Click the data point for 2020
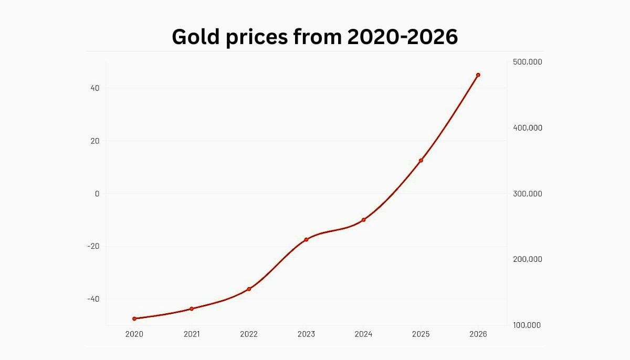pyautogui.click(x=134, y=319)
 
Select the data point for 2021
pyautogui.click(x=192, y=309)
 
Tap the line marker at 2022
pyautogui.click(x=249, y=289)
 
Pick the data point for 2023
pyautogui.click(x=306, y=239)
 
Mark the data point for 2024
pyautogui.click(x=363, y=220)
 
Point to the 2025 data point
pyautogui.click(x=421, y=160)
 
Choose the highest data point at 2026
pyautogui.click(x=478, y=75)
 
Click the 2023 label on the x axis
pyautogui.click(x=306, y=334)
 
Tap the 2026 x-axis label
pyautogui.click(x=478, y=334)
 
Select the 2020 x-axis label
pyautogui.click(x=134, y=334)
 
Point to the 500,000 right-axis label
pyautogui.click(x=527, y=62)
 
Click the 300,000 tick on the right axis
pyautogui.click(x=527, y=194)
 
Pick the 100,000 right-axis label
pyautogui.click(x=527, y=325)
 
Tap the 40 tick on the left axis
pyautogui.click(x=94, y=88)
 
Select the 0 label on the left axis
pyautogui.click(x=97, y=194)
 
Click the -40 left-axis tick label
pyautogui.click(x=93, y=299)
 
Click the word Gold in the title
pyautogui.click(x=196, y=37)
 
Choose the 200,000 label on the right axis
pyautogui.click(x=527, y=259)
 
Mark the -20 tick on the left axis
pyautogui.click(x=93, y=246)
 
